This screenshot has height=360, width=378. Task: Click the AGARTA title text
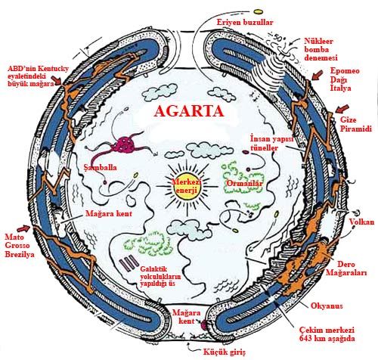189,111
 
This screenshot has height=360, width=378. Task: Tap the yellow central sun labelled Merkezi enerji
187,187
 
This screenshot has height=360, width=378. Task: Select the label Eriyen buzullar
245,23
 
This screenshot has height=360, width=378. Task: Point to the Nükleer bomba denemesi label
321,49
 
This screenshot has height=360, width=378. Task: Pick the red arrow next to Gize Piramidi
342,109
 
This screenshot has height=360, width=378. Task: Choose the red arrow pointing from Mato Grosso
23,228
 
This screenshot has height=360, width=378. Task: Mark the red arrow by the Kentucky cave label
57,81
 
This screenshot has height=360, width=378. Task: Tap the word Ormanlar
244,183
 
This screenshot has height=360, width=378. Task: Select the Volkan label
361,222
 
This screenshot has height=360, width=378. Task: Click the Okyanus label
327,306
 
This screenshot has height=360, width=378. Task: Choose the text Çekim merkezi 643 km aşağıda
327,334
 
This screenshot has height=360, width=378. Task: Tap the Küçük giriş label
225,352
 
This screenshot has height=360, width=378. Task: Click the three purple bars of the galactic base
129,263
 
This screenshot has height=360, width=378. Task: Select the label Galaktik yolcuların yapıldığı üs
160,276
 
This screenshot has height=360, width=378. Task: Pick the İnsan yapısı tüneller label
272,143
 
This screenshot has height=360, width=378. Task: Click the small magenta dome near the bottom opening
203,325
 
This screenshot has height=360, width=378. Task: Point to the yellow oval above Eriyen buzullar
259,11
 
